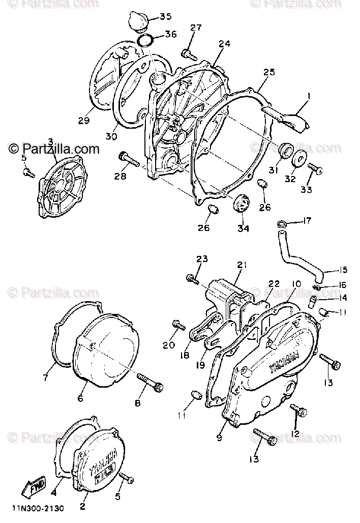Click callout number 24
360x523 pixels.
[x=224, y=44]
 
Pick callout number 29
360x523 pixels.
[x=84, y=121]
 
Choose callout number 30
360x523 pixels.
[x=111, y=136]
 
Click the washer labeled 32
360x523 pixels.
[x=298, y=157]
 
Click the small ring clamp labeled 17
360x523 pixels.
[x=281, y=223]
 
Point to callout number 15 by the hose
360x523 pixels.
[x=343, y=270]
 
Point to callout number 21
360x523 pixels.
[x=241, y=265]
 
